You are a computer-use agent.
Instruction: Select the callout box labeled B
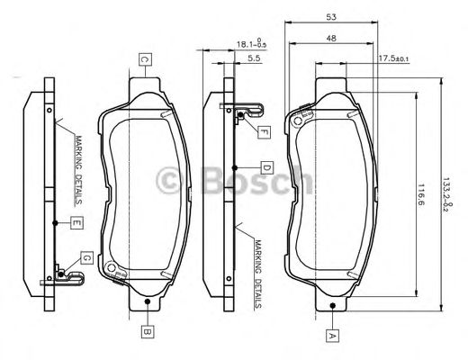tap(145, 330)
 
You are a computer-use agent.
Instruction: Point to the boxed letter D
tap(267, 167)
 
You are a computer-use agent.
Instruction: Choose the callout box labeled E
tap(77, 221)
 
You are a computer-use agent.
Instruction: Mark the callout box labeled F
tap(264, 132)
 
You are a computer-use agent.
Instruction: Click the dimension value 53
tap(332, 17)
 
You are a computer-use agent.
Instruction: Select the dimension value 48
tap(332, 38)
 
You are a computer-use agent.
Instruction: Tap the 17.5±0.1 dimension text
tap(393, 58)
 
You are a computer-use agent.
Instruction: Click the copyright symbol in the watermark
tap(169, 181)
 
